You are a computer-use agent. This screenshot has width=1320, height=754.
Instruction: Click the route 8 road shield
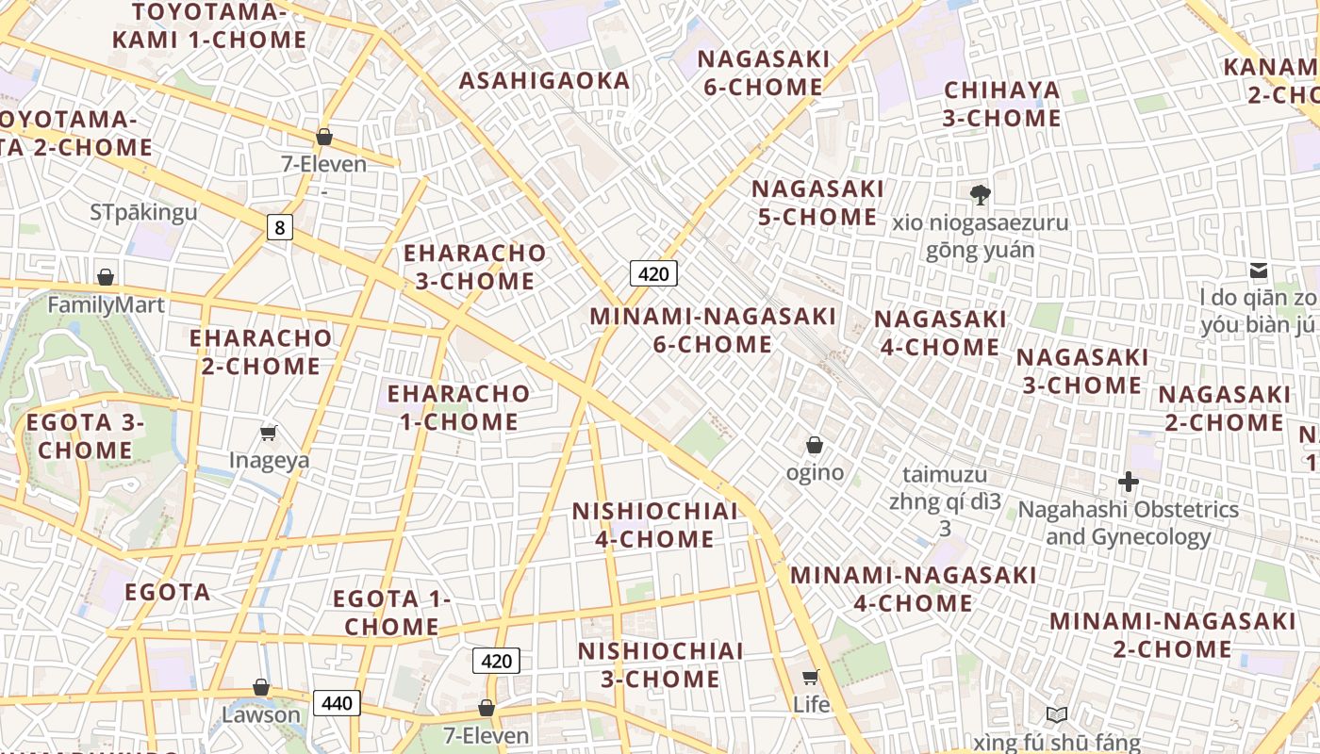coord(279,227)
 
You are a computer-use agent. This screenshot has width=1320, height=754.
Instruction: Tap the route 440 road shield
coord(337,703)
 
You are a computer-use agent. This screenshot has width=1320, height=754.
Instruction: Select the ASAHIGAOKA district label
coord(544,81)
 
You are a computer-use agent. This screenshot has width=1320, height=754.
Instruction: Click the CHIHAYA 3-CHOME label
coord(1002,105)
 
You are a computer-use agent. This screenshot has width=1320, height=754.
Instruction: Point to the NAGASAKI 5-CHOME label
coord(817,203)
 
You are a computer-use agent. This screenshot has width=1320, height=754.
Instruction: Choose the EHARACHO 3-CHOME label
coord(474,267)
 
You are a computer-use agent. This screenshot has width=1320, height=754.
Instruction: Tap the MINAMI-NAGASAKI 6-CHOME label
coord(713,330)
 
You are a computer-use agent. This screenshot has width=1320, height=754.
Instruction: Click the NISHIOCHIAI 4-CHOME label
coord(655,525)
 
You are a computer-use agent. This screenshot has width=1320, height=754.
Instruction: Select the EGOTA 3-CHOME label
coord(85,436)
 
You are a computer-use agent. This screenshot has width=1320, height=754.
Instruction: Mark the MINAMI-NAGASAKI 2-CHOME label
coord(1173,635)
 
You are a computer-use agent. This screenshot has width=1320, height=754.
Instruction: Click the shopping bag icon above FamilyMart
coord(106,277)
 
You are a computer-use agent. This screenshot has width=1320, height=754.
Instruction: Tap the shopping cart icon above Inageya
coord(269,433)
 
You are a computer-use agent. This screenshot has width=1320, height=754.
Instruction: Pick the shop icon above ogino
coord(815,445)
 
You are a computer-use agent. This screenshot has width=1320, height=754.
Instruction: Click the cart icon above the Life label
coord(810,677)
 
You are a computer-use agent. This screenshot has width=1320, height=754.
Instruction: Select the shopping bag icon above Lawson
coord(261,687)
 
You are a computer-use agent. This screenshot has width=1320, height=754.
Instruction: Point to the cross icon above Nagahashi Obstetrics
coord(1128,483)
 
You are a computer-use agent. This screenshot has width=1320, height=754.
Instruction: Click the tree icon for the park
coord(981,195)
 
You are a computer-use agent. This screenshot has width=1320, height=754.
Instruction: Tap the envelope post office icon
coord(1258,270)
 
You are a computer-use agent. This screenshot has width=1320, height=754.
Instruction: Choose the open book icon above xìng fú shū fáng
coord(1057,715)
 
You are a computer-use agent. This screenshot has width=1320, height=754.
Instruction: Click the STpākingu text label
coord(144,211)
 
